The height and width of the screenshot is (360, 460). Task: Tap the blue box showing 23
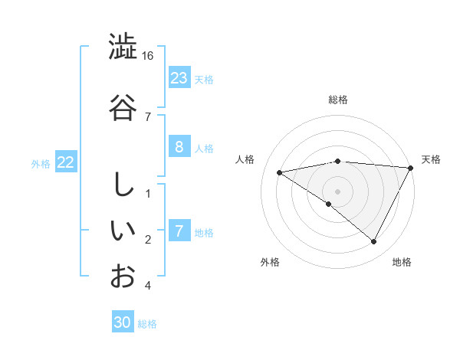[179, 78]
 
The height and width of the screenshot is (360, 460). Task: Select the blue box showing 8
[179, 147]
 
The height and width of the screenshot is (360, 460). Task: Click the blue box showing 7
[179, 231]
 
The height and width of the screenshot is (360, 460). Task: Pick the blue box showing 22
[66, 162]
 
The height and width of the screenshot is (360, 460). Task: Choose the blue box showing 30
[123, 322]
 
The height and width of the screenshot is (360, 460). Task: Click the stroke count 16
[148, 56]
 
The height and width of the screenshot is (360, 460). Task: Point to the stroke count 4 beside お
[148, 286]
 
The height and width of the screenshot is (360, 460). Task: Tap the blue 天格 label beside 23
[204, 79]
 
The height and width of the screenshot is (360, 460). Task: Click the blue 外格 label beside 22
[41, 163]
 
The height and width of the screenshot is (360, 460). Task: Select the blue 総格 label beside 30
[147, 324]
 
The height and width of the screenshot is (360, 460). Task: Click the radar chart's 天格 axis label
[431, 159]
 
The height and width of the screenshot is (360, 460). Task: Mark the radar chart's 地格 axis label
[402, 262]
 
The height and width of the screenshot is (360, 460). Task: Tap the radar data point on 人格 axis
[280, 172]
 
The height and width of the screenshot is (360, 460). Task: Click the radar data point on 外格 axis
[329, 204]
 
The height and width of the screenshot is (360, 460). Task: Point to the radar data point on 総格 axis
[337, 161]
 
